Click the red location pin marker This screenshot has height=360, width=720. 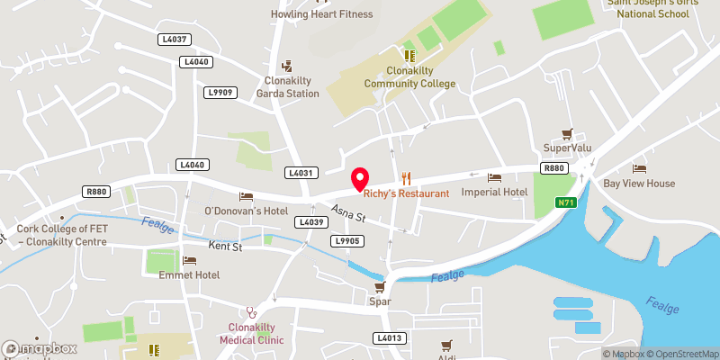360,178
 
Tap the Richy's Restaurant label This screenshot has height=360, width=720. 406,193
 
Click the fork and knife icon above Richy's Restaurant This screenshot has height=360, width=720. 407,177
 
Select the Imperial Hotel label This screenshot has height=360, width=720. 493,193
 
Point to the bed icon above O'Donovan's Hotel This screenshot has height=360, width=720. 246,196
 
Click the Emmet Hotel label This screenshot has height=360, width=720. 189,274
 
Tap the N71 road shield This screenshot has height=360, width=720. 564,202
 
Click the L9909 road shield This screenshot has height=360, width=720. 219,92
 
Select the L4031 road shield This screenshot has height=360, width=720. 301,172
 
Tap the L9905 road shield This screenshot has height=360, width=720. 346,240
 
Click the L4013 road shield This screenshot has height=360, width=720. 390,337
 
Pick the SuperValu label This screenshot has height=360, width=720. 565,148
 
